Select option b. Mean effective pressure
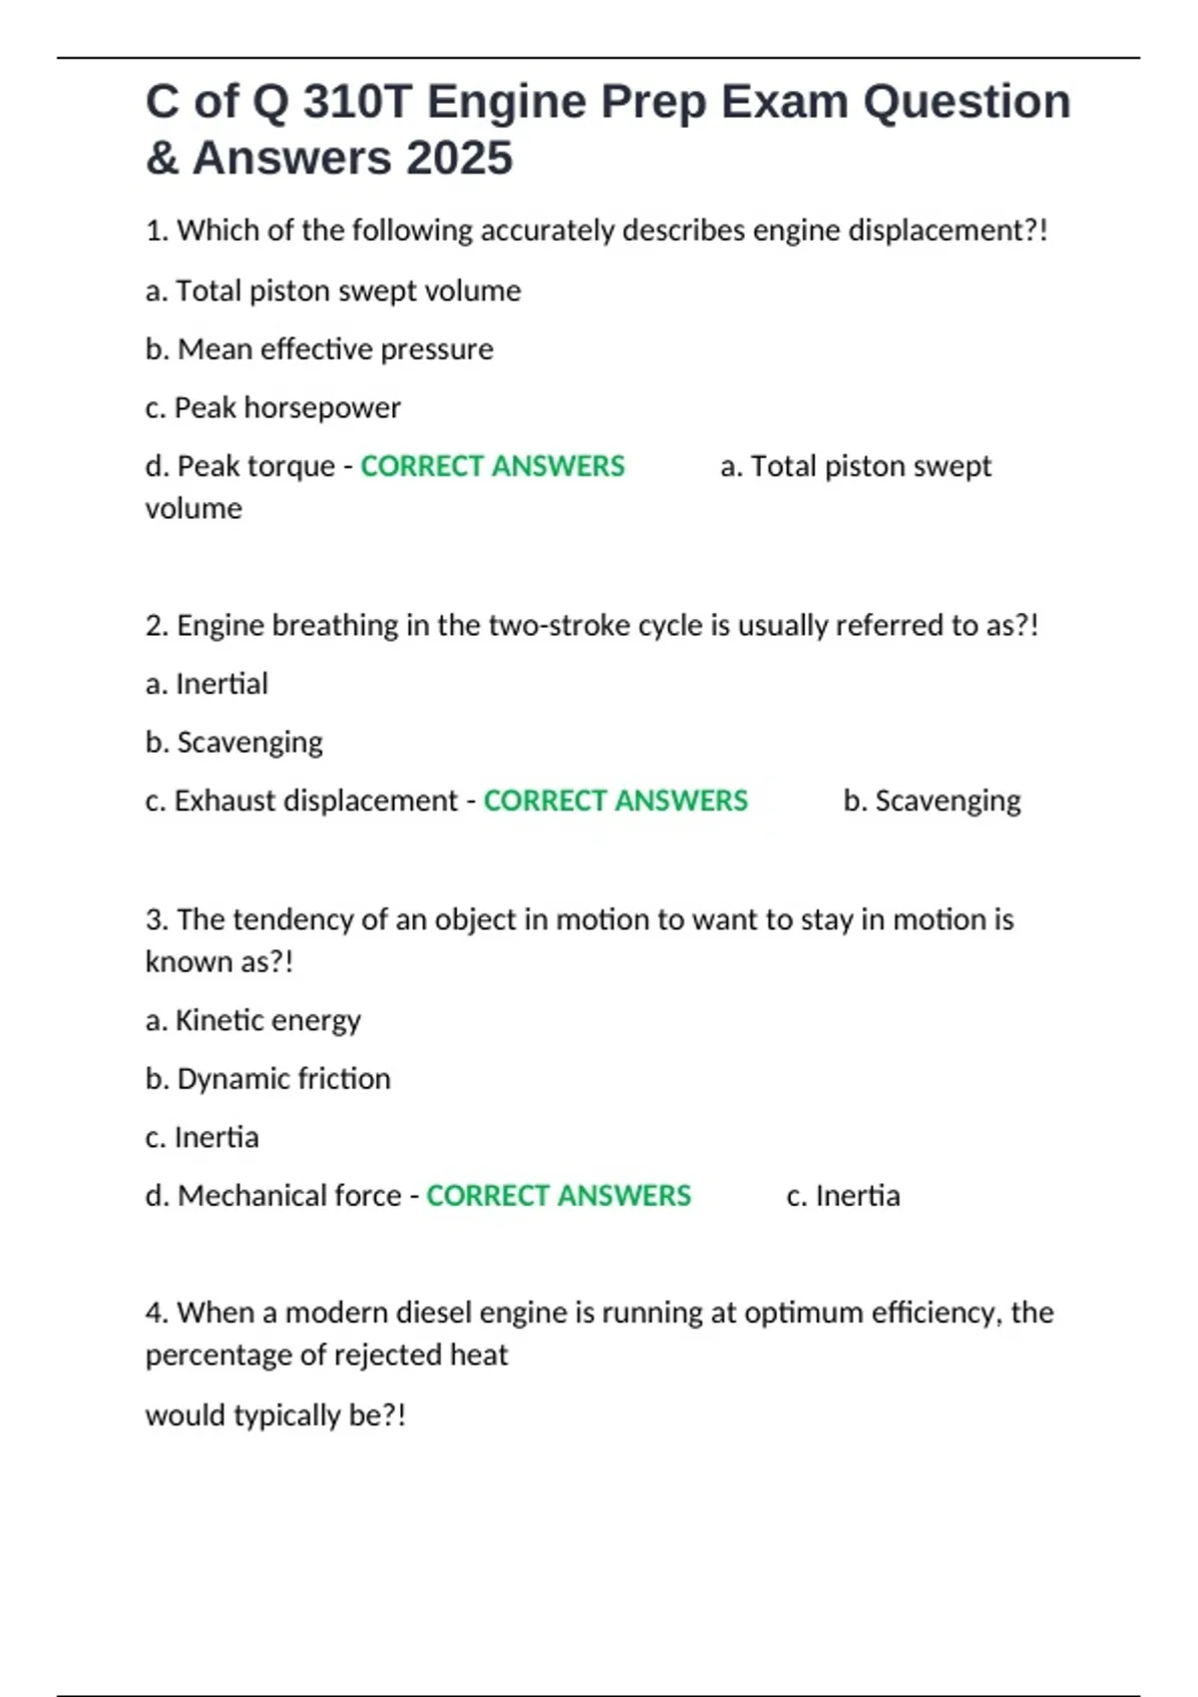pyautogui.click(x=319, y=349)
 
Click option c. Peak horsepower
pyautogui.click(x=273, y=407)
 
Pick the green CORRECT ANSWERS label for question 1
pyautogui.click(x=492, y=466)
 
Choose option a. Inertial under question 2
pyautogui.click(x=207, y=684)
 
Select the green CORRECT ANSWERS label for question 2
pyautogui.click(x=615, y=801)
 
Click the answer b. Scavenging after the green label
pyautogui.click(x=931, y=801)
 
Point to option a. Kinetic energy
pyautogui.click(x=253, y=1020)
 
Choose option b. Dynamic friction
pyautogui.click(x=268, y=1079)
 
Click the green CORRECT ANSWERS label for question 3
pyautogui.click(x=558, y=1196)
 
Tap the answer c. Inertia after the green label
pyautogui.click(x=843, y=1196)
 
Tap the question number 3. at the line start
pyautogui.click(x=157, y=919)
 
